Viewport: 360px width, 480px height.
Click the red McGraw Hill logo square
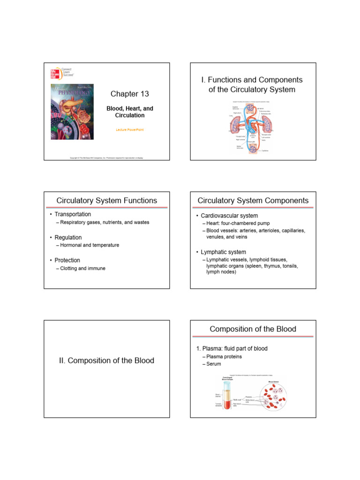coord(55,74)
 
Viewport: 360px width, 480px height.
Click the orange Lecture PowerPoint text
coord(130,128)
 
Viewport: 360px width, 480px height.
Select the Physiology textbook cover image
coord(72,112)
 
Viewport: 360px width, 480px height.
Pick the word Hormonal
coord(71,245)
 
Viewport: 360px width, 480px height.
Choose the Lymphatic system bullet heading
coord(223,252)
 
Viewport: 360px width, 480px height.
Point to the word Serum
coord(214,364)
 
